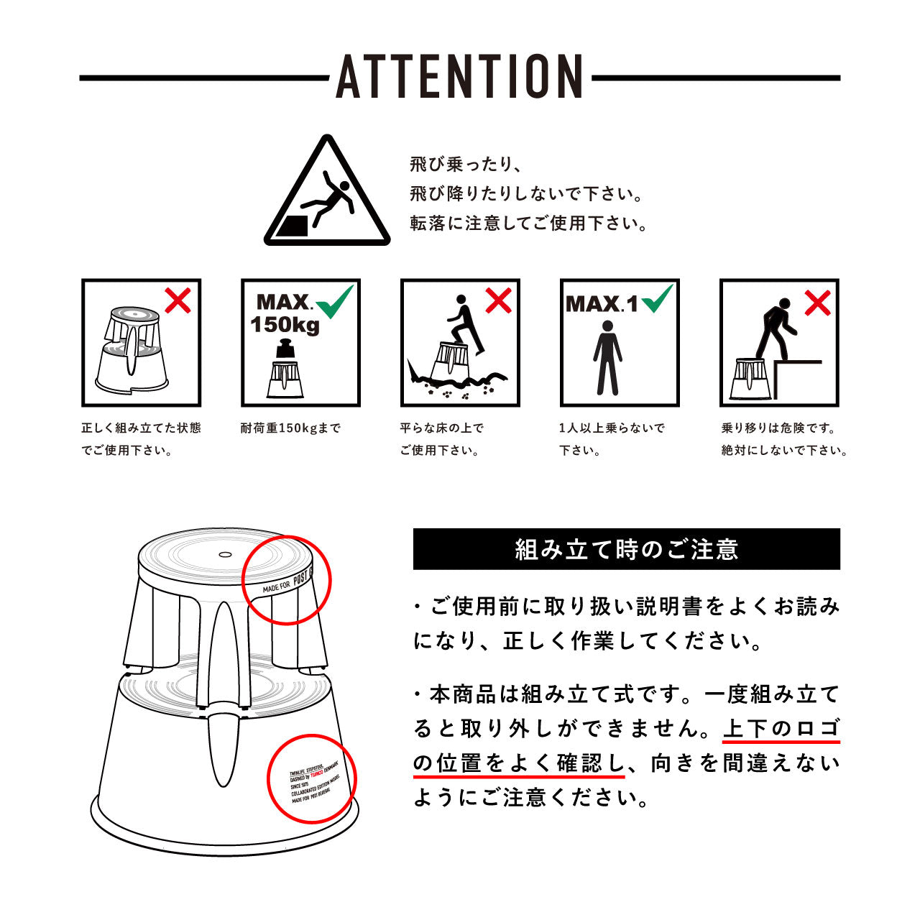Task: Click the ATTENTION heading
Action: (x=460, y=76)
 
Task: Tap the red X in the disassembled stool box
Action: (x=178, y=300)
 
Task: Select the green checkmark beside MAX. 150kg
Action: (x=335, y=301)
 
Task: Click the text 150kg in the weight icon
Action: (x=285, y=325)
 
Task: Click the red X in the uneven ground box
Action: (x=497, y=300)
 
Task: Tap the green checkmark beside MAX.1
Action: (x=657, y=298)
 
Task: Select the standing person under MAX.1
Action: (x=607, y=357)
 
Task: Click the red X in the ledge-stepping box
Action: (x=816, y=303)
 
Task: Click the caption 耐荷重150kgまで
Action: (x=290, y=428)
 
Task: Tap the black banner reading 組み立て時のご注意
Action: (x=626, y=549)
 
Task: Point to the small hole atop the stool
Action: (x=224, y=555)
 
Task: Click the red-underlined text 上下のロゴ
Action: (x=781, y=728)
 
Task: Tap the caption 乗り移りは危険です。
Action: (x=779, y=428)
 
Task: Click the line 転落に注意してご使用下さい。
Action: (x=529, y=224)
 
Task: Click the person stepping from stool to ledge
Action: (x=773, y=329)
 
